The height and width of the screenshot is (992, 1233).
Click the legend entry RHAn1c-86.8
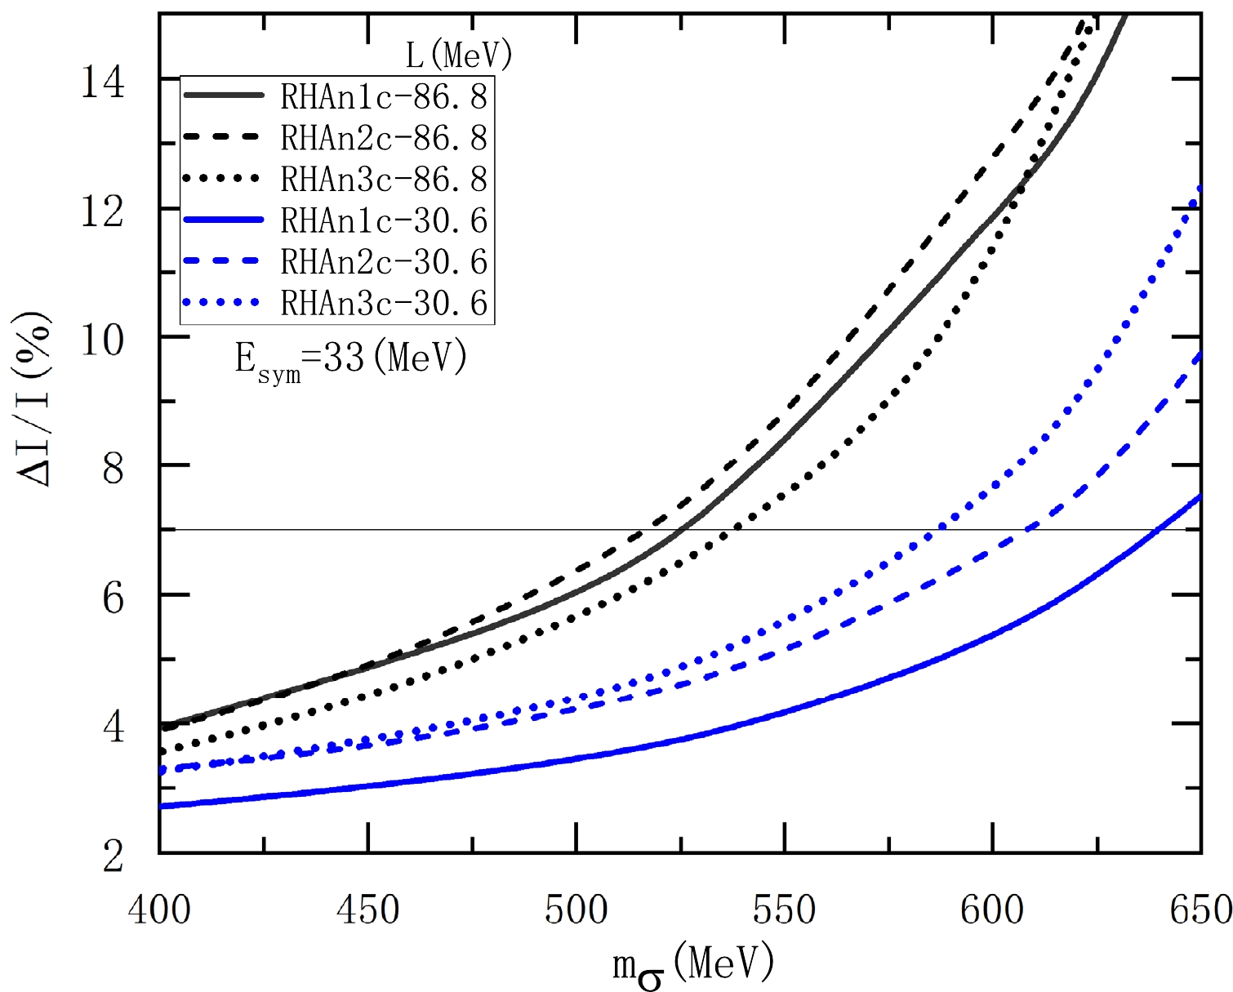[x=384, y=97]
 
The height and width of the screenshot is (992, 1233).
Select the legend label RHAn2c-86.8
[x=384, y=138]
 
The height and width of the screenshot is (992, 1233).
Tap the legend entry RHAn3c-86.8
[x=384, y=179]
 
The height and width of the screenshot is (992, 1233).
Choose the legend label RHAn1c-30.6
[x=384, y=220]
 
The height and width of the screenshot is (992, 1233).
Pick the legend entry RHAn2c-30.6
[x=384, y=262]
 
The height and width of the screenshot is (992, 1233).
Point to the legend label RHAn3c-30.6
[x=384, y=304]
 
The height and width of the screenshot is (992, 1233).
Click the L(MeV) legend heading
[x=459, y=56]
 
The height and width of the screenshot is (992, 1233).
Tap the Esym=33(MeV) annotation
[x=351, y=359]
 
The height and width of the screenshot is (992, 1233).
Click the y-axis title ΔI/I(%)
[x=37, y=399]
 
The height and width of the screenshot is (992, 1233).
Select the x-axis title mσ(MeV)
[x=693, y=966]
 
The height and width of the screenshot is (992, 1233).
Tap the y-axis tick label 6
[x=113, y=598]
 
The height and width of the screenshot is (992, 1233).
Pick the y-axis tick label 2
[x=113, y=856]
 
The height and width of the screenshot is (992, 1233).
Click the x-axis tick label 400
[x=159, y=910]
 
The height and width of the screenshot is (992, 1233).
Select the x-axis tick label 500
[x=576, y=910]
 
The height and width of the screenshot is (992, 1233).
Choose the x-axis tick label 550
[x=785, y=910]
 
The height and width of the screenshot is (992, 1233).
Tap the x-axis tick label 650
[x=1200, y=910]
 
